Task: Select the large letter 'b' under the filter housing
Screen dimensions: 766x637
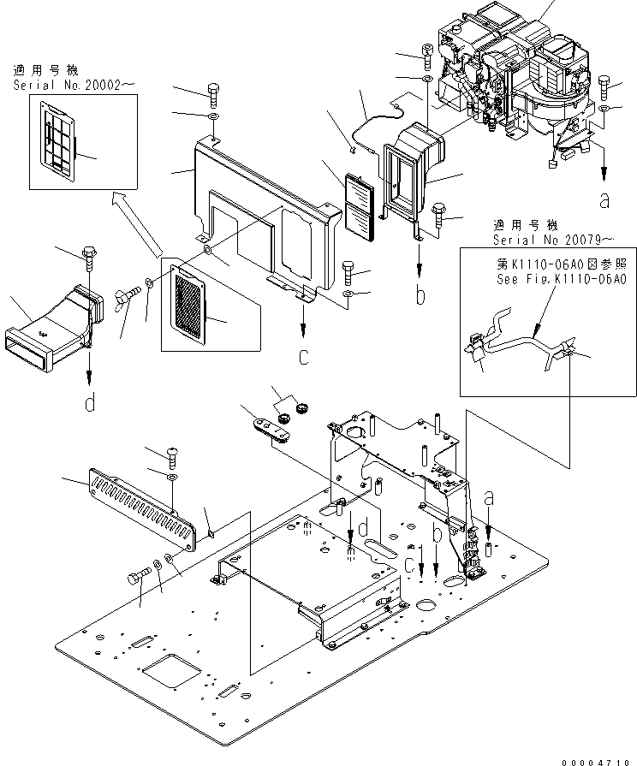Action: pyautogui.click(x=420, y=296)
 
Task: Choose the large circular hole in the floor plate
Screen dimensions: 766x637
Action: pyautogui.click(x=428, y=609)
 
